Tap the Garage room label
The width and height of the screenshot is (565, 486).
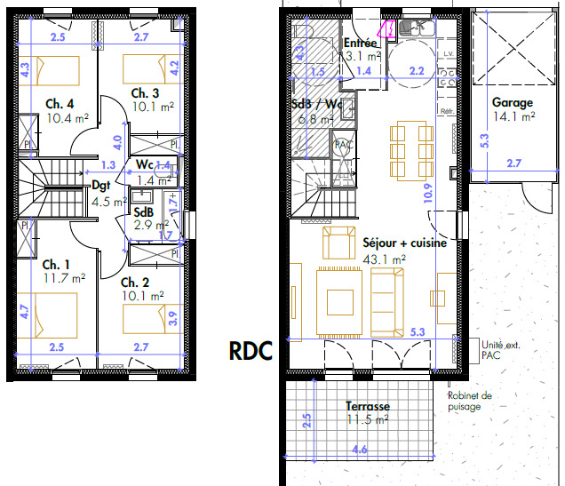[513, 102]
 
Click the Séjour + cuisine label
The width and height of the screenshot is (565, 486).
[404, 242]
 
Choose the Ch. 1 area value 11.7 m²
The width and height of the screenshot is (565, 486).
[66, 278]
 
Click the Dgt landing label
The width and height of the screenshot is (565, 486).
[100, 186]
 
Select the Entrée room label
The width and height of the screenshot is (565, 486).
[360, 43]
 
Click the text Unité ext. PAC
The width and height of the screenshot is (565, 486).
[498, 349]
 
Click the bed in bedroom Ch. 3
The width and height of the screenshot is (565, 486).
[144, 68]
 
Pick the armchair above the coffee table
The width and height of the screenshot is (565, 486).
[338, 243]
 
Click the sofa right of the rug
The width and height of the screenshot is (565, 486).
[387, 301]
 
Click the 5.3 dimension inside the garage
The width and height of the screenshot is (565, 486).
[484, 139]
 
